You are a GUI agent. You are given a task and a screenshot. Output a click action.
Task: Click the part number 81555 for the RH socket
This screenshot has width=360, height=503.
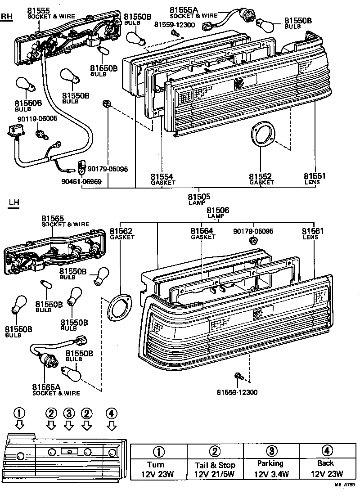[38, 10]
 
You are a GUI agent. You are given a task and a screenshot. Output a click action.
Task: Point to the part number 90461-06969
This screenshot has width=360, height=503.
[82, 182]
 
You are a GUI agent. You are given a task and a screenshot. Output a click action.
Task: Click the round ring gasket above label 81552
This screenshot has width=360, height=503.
[262, 134]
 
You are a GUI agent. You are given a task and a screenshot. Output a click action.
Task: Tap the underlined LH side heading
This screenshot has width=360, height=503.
[14, 203]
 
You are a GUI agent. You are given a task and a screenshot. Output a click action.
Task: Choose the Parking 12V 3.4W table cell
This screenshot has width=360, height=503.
[271, 468]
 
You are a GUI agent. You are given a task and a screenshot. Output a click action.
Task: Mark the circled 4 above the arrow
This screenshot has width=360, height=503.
[112, 413]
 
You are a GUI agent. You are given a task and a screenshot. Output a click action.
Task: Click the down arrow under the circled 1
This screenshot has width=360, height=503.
[19, 424]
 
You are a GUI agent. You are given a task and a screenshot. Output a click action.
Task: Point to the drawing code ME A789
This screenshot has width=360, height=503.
[344, 497]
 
